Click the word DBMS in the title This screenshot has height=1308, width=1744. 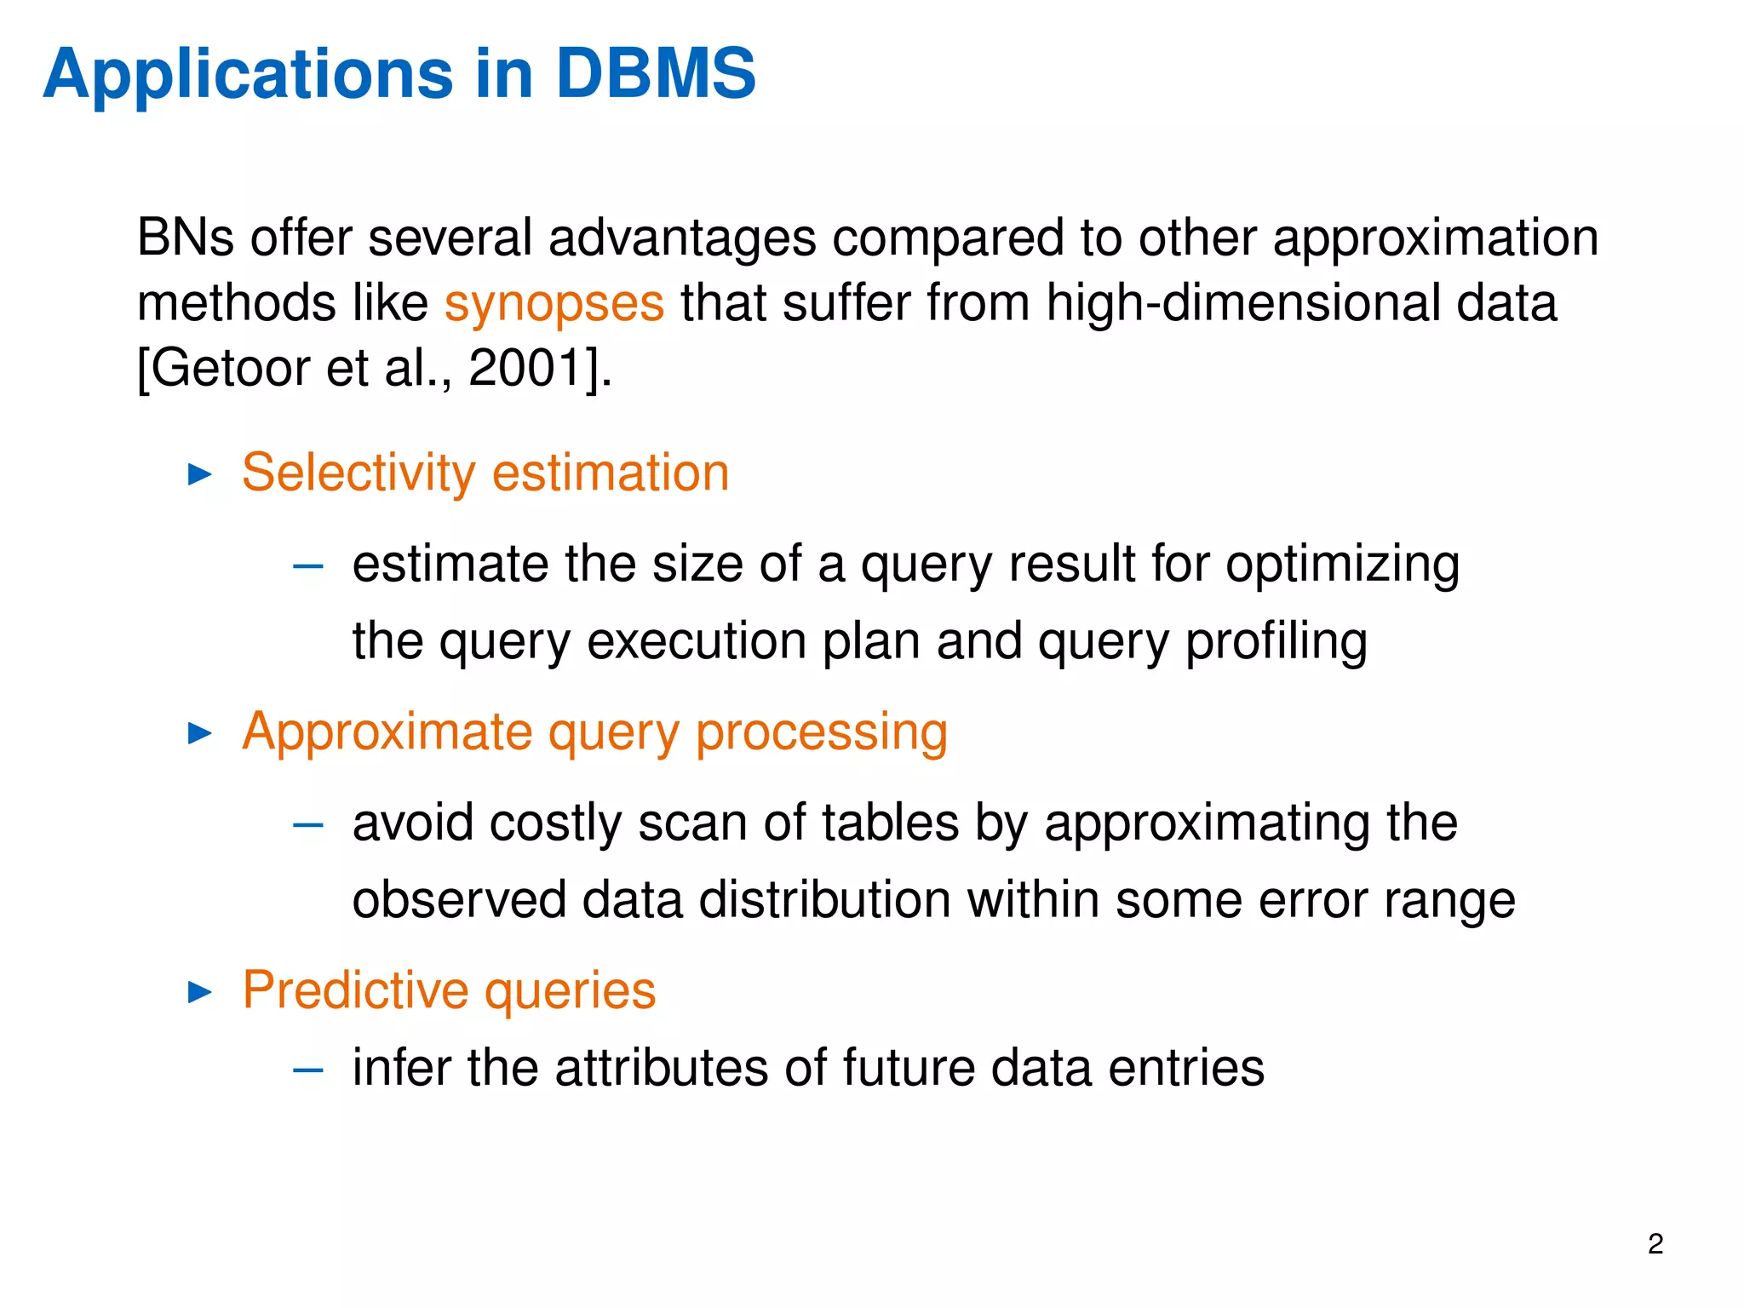coord(655,73)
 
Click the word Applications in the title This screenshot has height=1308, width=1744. coord(247,75)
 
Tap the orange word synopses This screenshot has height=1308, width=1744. coord(554,304)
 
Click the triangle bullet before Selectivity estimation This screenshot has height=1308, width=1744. coord(199,474)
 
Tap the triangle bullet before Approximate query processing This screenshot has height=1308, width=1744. coord(199,732)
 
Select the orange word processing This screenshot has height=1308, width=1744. coord(821,733)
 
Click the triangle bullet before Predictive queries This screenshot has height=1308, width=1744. coord(199,991)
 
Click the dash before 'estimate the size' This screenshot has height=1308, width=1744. coord(307,566)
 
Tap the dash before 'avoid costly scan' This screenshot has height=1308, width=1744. coord(307,824)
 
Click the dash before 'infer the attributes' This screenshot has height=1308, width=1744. coord(307,1070)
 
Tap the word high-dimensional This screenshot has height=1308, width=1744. coord(1242,303)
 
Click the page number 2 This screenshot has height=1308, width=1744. coord(1655,1244)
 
